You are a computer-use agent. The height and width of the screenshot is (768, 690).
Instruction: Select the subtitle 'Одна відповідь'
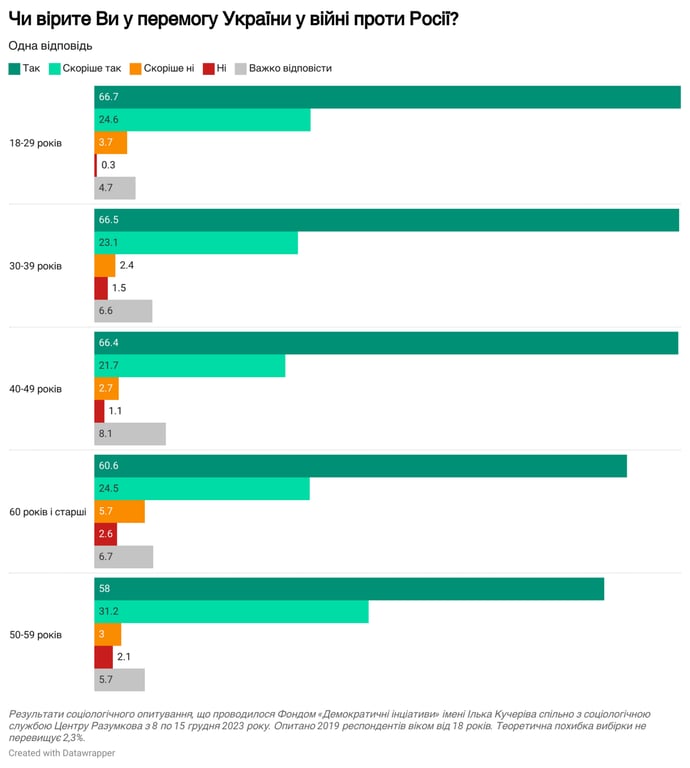[51, 46]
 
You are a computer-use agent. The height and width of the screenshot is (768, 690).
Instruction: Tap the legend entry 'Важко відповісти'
[283, 68]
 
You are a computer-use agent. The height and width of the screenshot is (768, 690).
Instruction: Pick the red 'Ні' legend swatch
[209, 68]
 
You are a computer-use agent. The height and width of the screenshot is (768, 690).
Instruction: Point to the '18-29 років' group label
[35, 143]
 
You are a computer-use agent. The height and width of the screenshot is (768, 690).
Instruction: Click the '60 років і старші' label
[48, 512]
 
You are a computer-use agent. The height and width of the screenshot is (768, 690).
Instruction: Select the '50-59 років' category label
[35, 635]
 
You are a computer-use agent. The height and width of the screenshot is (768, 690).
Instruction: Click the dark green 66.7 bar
[388, 97]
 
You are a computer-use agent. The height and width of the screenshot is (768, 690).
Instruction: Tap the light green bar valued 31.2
[231, 612]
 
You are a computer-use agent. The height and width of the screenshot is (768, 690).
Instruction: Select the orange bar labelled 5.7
[119, 512]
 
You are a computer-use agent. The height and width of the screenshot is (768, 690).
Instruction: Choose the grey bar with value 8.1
[130, 434]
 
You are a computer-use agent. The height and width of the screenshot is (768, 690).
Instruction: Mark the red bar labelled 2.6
[106, 534]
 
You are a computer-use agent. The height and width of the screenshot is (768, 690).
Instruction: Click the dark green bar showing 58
[349, 589]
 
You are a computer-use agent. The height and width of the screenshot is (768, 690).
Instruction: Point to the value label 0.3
[108, 165]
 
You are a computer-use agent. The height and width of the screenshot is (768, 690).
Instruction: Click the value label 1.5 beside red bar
[119, 288]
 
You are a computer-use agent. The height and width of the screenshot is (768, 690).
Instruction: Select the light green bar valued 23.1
[196, 243]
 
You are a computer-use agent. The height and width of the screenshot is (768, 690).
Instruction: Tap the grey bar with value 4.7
[115, 188]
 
